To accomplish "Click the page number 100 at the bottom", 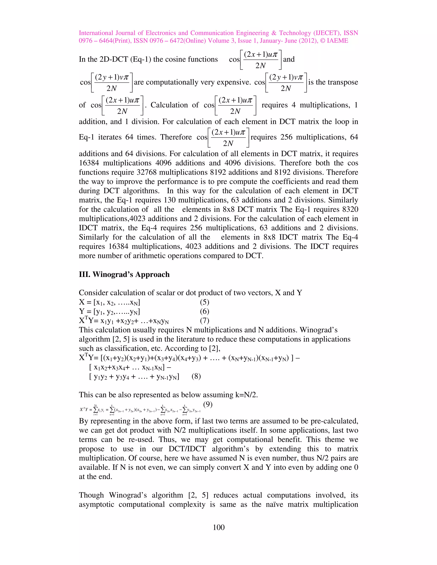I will click(218, 527).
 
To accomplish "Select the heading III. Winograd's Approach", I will click(124, 274).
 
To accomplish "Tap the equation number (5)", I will click(204, 302).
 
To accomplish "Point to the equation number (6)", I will click(204, 311).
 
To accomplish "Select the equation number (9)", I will click(208, 404).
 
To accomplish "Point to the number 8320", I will click(348, 209).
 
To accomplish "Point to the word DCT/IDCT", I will click(187, 449).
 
